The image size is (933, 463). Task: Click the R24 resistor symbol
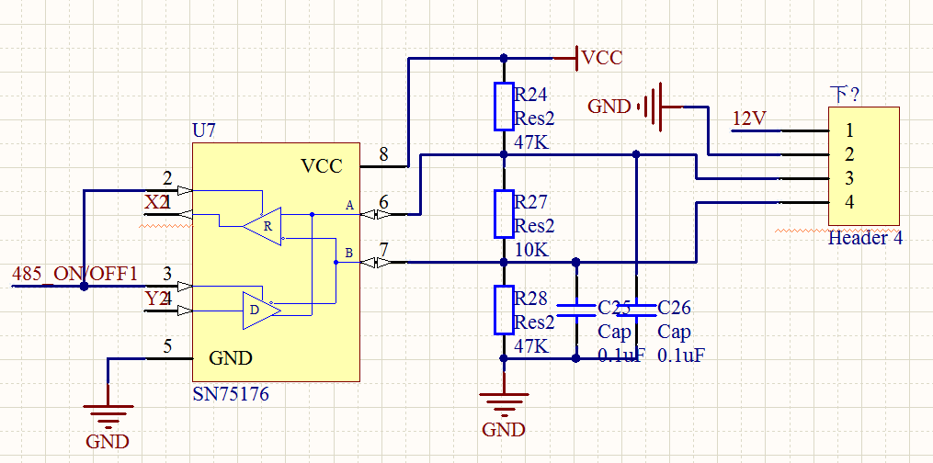click(x=503, y=107)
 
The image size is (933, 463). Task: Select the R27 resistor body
click(x=503, y=214)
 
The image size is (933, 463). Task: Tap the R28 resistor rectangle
click(x=503, y=310)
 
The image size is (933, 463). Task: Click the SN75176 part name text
click(x=231, y=395)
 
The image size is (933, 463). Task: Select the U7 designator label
click(x=203, y=130)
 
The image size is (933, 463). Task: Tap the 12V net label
click(x=748, y=119)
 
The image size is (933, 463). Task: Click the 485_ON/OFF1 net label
click(x=74, y=274)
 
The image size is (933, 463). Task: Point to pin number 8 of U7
click(x=383, y=153)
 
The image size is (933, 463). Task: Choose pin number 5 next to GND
click(x=166, y=346)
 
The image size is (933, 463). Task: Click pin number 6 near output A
click(x=383, y=201)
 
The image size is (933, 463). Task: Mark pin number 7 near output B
click(x=383, y=249)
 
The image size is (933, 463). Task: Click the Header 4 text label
click(x=865, y=238)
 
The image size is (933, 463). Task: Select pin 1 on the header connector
click(x=850, y=130)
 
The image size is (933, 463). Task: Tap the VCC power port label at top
click(x=602, y=58)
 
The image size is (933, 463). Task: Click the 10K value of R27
click(x=532, y=250)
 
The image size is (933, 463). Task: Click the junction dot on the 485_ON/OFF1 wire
click(x=84, y=286)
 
